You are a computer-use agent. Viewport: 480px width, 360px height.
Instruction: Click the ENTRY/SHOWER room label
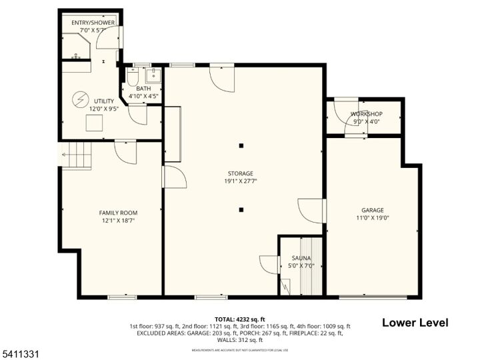pos(93,22)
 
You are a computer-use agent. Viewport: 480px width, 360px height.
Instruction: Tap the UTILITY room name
pos(104,101)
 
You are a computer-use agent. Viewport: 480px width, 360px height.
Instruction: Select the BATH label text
pos(143,89)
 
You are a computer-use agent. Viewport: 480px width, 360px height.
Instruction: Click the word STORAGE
pos(240,173)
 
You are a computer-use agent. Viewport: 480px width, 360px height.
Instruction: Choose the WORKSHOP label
pos(366,114)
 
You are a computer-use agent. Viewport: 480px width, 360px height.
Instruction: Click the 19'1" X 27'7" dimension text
pos(240,181)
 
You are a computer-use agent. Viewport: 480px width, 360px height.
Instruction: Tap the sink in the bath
pos(153,74)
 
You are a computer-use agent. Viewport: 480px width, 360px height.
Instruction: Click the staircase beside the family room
pos(77,155)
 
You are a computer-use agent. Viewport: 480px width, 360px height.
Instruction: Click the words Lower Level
pos(415,323)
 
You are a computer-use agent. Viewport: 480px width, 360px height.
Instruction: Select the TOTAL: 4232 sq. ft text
pos(239,319)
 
